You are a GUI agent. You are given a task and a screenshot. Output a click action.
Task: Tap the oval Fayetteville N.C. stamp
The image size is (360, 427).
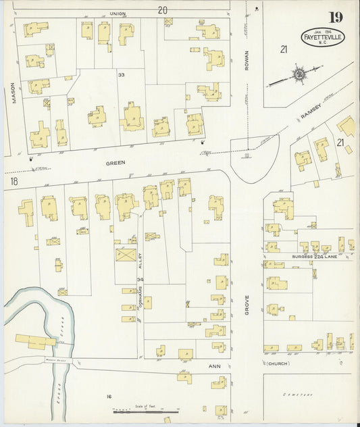[323, 37]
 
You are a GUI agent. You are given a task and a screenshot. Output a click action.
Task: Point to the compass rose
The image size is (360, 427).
[298, 74]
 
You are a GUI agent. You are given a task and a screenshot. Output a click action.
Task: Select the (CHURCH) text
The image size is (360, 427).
[277, 363]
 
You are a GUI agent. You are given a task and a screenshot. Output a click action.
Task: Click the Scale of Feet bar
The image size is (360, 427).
[145, 410]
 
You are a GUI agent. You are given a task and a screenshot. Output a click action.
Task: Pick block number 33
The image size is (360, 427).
[122, 74]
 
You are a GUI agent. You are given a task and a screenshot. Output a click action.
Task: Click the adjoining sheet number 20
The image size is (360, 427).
[162, 9]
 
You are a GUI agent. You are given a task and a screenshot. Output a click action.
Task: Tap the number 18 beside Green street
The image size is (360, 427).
[14, 181]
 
